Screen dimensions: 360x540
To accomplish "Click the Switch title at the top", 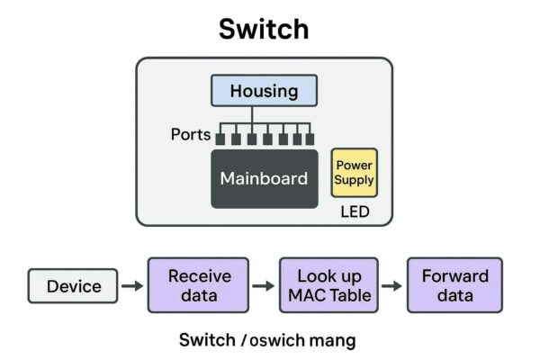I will tap(264, 29).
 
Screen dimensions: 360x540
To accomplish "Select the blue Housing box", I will tap(264, 91).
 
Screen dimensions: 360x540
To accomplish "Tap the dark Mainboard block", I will tap(264, 178).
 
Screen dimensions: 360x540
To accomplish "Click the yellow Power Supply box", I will tap(354, 173).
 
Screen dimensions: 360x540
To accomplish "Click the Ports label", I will tap(190, 135).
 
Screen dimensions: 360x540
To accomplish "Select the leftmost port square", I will tap(220, 139).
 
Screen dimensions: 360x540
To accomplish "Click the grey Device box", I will tap(74, 286).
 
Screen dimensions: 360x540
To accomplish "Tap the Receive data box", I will tap(199, 285).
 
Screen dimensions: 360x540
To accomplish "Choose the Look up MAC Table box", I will tap(328, 285).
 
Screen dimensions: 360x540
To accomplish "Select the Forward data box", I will tap(454, 285).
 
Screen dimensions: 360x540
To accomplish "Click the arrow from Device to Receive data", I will tap(132, 286).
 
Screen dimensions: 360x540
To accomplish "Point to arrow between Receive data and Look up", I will tap(262, 286).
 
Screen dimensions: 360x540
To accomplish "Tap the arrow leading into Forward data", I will tap(391, 286).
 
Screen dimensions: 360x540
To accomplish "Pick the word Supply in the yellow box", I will tap(354, 180).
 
